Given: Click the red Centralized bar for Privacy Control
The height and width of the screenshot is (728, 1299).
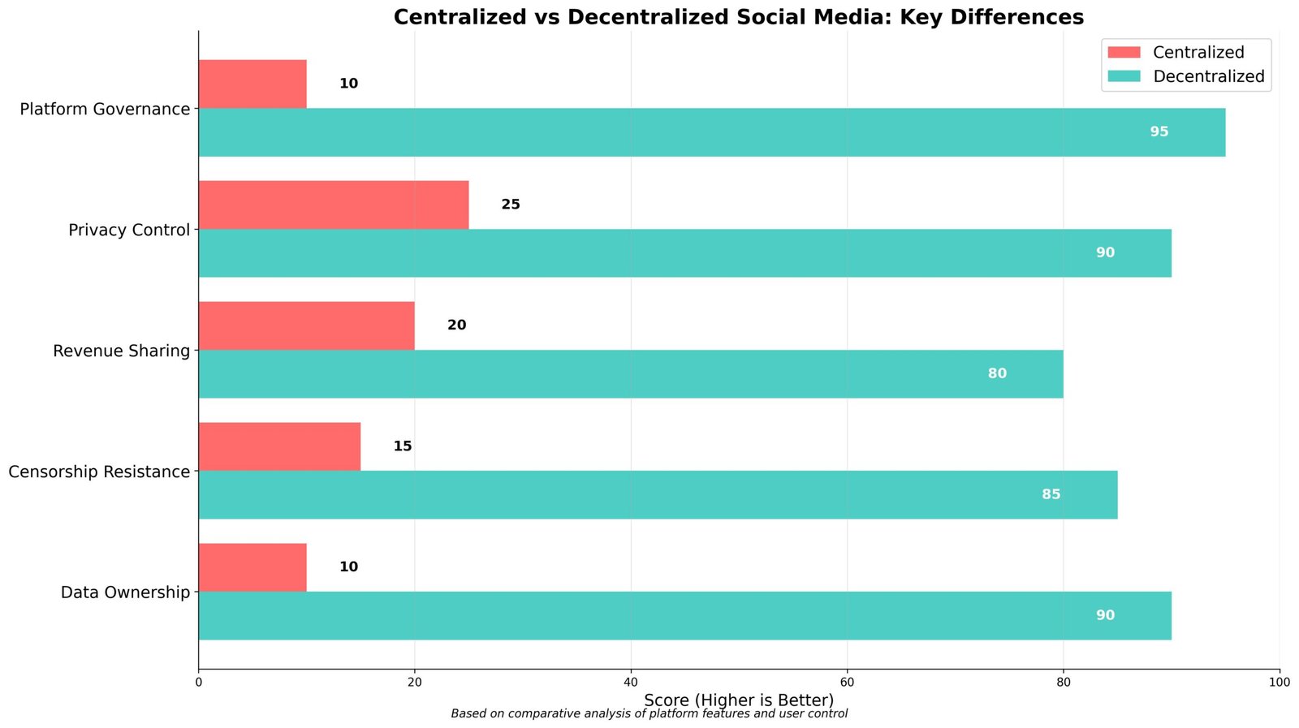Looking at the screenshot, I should coord(333,205).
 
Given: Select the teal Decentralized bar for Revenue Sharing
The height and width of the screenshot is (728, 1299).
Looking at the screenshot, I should coord(630,374).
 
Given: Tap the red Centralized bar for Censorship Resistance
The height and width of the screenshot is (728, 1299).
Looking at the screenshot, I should coord(279,446).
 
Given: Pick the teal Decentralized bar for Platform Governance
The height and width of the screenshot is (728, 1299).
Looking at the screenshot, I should coord(711,132).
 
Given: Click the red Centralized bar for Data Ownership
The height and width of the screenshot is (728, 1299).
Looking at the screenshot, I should coord(252,567).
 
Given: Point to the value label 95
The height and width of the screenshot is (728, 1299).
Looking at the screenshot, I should coord(1159,131).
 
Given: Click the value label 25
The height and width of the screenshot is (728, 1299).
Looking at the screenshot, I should coord(510,205).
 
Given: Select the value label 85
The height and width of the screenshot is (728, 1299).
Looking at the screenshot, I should coord(1051,494).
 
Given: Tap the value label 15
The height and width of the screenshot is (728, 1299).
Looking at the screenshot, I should coord(402,446).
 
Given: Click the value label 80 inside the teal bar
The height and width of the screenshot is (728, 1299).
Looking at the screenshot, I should coord(997,373).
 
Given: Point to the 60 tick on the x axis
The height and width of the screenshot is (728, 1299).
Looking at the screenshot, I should coord(847,683).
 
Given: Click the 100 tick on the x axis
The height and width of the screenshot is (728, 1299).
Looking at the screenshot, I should coord(1279,683).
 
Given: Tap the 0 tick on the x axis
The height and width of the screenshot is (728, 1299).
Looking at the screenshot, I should coord(199,683).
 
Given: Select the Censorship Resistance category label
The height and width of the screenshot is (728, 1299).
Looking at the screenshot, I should coord(99,472).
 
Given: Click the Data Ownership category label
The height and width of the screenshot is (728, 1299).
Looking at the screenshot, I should coord(125,592).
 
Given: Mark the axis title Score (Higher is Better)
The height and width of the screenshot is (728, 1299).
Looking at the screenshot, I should coord(738,700).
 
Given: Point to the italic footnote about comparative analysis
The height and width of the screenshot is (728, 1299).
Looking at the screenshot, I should coord(649,714).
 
